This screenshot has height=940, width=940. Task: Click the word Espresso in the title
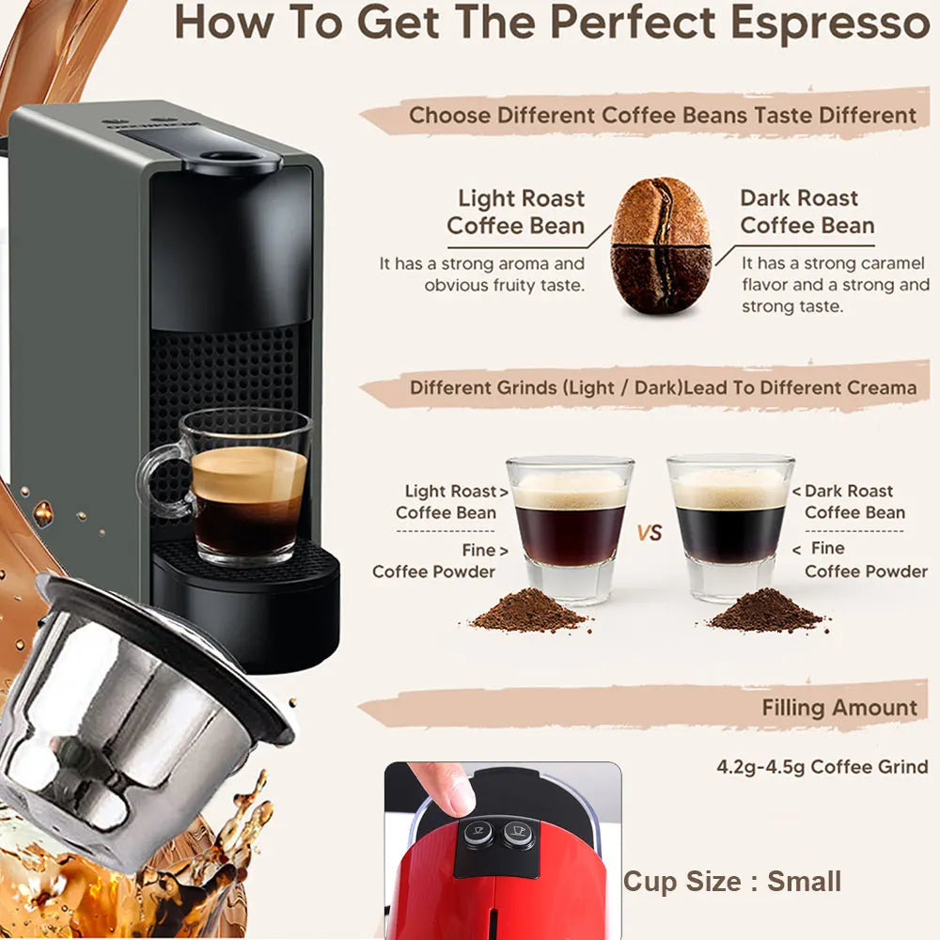(830, 23)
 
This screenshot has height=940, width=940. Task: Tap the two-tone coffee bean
(661, 245)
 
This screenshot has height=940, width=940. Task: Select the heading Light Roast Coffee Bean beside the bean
(515, 211)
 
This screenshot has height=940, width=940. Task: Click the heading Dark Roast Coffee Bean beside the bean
(807, 211)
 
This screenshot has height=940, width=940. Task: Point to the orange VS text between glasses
(650, 532)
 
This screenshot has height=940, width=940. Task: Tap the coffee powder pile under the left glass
(529, 611)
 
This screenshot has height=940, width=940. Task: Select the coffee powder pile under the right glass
(766, 610)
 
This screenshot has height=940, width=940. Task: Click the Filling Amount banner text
(839, 708)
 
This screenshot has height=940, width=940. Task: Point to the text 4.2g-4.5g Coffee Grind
(822, 767)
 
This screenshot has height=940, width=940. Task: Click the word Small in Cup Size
(804, 882)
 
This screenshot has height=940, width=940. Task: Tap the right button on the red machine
(519, 833)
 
